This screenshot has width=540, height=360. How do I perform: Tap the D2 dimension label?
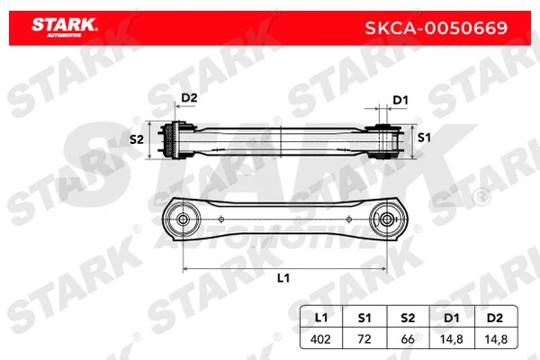(189, 98)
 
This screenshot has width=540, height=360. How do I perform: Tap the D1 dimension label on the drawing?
(401, 100)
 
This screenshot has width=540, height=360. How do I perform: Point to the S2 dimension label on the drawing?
(137, 139)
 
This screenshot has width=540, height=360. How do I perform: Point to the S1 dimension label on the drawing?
(424, 137)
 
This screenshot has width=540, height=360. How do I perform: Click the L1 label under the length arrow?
(283, 278)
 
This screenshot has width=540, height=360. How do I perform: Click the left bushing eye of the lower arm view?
(184, 219)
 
